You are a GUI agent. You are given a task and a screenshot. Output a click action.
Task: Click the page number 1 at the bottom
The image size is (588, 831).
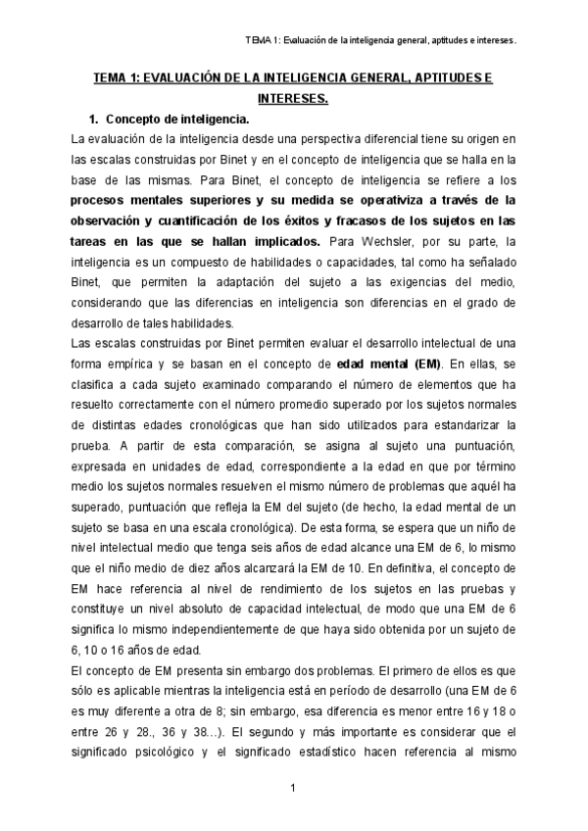click(292, 788)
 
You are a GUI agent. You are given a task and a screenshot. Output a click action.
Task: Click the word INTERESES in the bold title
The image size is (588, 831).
click(291, 98)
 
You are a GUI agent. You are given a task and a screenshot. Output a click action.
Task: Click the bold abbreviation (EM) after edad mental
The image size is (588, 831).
click(426, 364)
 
